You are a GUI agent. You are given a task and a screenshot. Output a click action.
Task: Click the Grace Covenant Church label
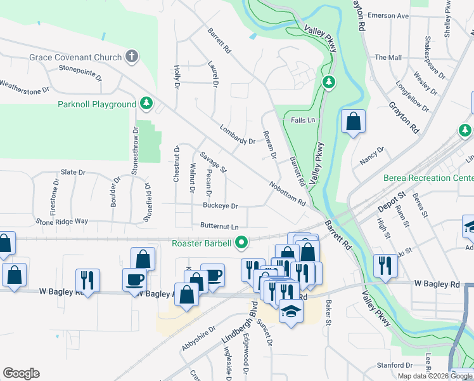click(x=75, y=57)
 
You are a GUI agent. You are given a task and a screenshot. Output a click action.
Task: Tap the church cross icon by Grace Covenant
click(x=132, y=57)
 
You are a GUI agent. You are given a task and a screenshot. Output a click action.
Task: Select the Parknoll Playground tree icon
click(x=146, y=104)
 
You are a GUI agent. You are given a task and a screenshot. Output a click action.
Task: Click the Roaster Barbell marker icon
click(x=241, y=242)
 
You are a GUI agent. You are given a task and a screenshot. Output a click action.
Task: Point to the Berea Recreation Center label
click(x=428, y=178)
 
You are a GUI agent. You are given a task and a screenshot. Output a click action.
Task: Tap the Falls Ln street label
click(x=303, y=120)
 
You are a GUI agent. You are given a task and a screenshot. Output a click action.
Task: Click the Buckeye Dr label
click(x=221, y=206)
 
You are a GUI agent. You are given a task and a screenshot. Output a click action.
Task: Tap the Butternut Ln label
click(x=219, y=226)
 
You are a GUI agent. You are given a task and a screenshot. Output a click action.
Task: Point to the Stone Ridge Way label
click(x=62, y=222)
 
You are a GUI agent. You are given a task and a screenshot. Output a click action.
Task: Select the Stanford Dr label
click(x=394, y=365)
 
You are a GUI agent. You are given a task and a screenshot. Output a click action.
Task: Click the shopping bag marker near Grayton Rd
click(x=353, y=121)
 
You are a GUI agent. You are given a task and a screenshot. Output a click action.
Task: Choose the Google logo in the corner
click(x=21, y=373)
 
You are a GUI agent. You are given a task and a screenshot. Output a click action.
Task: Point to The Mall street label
click(x=388, y=57)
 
